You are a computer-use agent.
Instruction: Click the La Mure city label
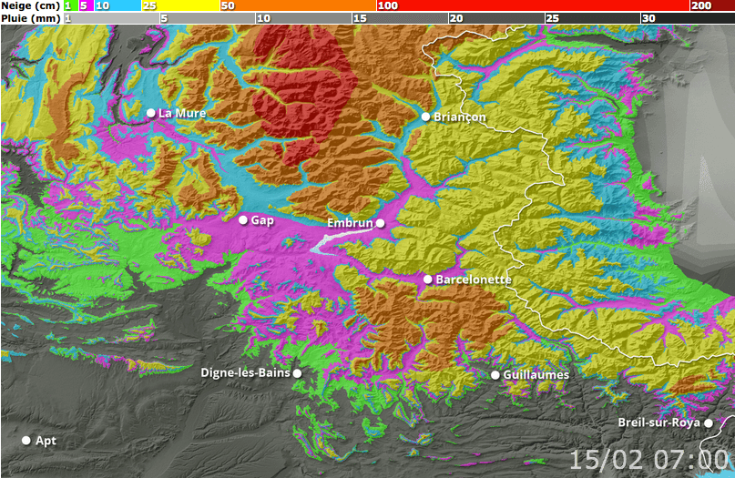(x=182, y=113)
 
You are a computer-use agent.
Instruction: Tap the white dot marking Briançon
(x=425, y=117)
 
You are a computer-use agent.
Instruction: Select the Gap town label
(x=262, y=220)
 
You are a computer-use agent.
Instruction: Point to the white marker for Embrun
(x=381, y=223)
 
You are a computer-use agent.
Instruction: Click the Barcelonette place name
(x=474, y=279)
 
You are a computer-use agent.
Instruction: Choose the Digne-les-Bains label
(x=245, y=372)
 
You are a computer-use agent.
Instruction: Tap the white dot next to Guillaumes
(x=495, y=375)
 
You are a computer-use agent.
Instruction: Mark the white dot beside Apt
(x=26, y=441)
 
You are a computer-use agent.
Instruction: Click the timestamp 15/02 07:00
(x=649, y=458)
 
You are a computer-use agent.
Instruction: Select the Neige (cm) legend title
(x=31, y=5)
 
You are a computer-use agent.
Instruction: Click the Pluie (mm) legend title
(x=31, y=17)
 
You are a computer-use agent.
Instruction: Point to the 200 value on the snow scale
(x=700, y=5)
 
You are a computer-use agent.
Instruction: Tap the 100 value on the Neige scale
(x=386, y=5)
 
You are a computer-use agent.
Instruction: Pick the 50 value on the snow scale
(x=228, y=5)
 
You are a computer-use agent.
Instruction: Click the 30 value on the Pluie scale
(x=648, y=18)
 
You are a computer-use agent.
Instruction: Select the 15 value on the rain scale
(x=360, y=18)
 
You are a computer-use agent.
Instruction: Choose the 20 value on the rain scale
(x=455, y=18)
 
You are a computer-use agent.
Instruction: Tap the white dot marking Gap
(x=243, y=220)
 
